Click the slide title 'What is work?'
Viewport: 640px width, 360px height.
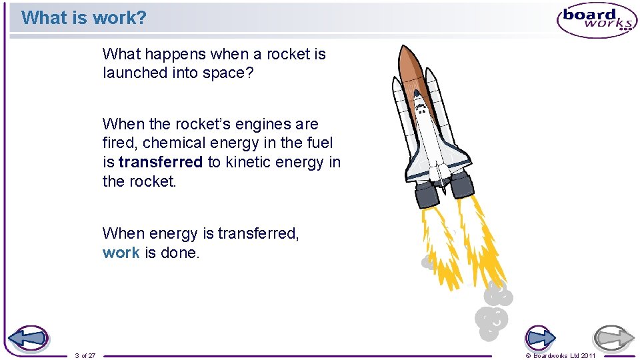pos(83,18)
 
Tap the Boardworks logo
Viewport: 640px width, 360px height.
pos(597,20)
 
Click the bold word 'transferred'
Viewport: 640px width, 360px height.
pos(160,162)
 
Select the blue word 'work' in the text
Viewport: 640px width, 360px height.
pos(121,253)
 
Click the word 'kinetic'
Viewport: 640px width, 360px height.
pos(251,162)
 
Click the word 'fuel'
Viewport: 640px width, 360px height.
pos(321,143)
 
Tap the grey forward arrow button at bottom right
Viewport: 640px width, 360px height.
pos(614,338)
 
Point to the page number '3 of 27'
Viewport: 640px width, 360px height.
pos(85,355)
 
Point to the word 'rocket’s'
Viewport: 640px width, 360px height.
pos(195,124)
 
